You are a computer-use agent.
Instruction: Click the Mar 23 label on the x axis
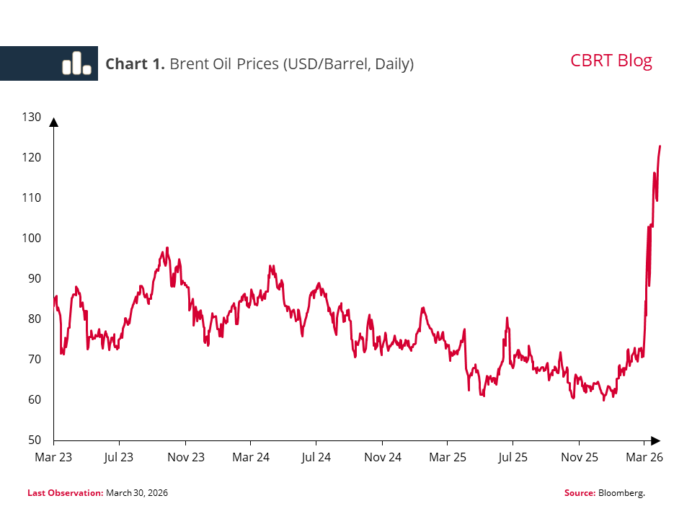click(53, 457)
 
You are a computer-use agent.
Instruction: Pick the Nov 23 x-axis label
click(185, 457)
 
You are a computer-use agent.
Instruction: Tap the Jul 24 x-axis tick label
click(316, 457)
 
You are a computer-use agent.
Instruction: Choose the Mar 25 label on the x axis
click(447, 457)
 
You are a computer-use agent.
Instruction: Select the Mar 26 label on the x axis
click(644, 457)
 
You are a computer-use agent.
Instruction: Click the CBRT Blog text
click(611, 61)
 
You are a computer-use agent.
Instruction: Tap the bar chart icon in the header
click(76, 63)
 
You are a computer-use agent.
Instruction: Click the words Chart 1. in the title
click(136, 64)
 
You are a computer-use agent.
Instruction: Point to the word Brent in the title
click(189, 64)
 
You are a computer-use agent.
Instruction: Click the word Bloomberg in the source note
click(621, 493)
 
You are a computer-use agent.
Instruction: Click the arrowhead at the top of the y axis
click(53, 122)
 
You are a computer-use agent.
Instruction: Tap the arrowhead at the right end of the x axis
click(655, 440)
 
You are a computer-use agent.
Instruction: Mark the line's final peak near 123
click(660, 146)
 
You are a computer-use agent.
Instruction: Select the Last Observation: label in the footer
click(65, 493)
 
